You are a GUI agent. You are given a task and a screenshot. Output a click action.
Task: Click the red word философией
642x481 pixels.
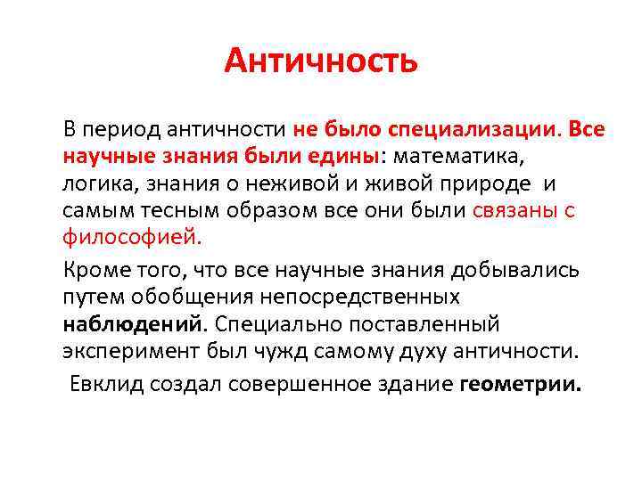pyautogui.click(x=133, y=239)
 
